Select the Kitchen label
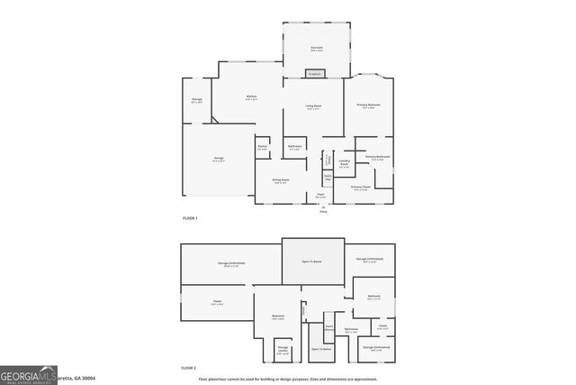coord(252,96)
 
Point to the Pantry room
coord(262,147)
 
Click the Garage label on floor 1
coord(219,159)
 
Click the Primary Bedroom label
coord(368,105)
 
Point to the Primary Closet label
coord(360,188)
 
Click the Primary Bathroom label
coord(377,157)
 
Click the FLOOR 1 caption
coord(190,219)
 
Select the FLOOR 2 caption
coord(189,368)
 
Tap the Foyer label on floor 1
coord(320,194)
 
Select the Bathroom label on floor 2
coord(351,329)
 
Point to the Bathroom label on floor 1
coord(294,146)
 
